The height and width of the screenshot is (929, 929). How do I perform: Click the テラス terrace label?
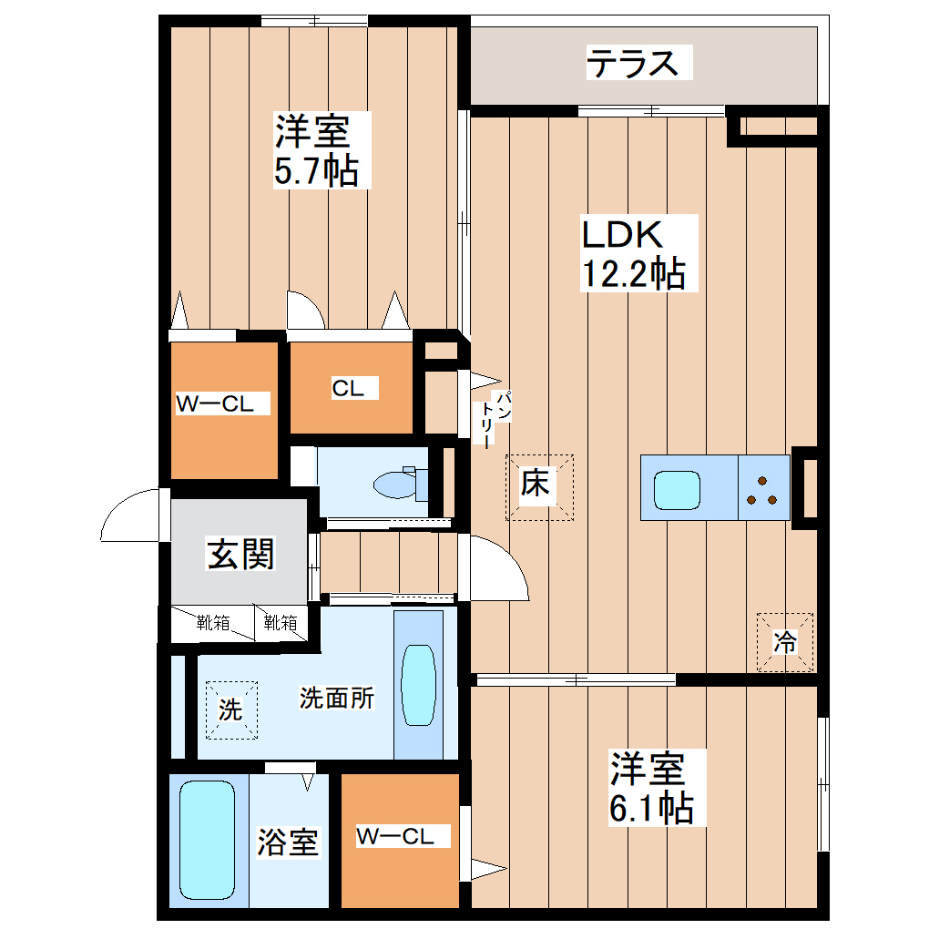[x=634, y=65]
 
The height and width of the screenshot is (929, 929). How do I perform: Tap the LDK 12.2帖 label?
[x=634, y=253]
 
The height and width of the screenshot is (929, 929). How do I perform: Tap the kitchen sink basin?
[x=675, y=489]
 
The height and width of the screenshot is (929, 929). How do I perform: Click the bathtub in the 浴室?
[x=208, y=840]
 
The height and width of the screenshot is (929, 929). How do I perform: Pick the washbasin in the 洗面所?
[x=418, y=686]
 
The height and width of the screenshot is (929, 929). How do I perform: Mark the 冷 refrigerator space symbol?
[x=785, y=642]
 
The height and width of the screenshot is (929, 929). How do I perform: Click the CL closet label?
[x=347, y=389]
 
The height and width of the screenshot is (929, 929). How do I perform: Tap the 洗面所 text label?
[x=336, y=699]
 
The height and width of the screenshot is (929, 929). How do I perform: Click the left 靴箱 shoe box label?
[x=213, y=624]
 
